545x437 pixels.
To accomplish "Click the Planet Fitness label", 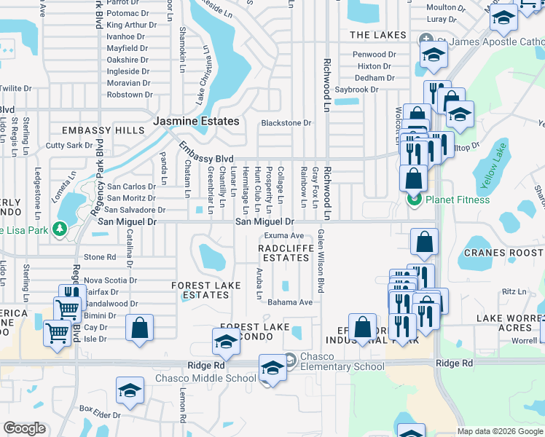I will (x=458, y=200).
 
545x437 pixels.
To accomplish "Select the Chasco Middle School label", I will (x=205, y=378).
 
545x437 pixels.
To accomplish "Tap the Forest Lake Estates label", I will (x=200, y=290).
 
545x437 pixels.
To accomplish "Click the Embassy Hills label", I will (x=103, y=130).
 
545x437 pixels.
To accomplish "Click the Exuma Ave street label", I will (x=284, y=235).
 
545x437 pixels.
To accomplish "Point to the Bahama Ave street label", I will (x=289, y=302).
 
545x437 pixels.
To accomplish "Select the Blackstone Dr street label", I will (x=286, y=123).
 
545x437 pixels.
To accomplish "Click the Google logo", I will (x=25, y=429).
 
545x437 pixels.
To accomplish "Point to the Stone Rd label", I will (x=100, y=257).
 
